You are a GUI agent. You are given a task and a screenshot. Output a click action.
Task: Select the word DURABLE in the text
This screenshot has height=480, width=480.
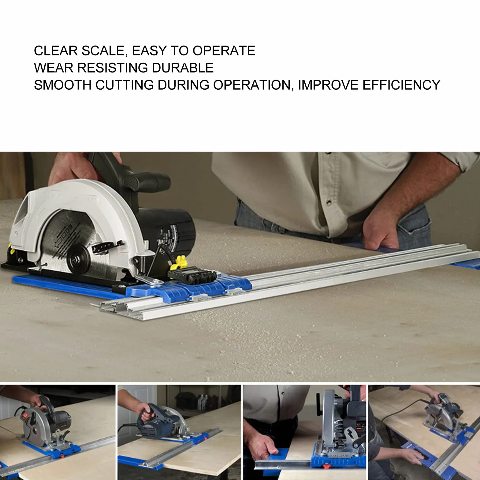(x=183, y=68)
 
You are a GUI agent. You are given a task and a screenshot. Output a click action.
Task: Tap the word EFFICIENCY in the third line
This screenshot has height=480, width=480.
(x=401, y=85)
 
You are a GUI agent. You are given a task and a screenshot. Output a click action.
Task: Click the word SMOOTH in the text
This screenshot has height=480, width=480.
(x=63, y=85)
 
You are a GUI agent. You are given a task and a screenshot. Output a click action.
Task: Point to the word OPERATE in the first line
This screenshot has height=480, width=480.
(x=224, y=50)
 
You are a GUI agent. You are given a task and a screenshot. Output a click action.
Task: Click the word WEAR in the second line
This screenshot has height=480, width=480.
(x=54, y=68)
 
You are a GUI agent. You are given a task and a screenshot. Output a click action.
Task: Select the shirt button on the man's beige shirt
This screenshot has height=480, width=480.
(x=329, y=202)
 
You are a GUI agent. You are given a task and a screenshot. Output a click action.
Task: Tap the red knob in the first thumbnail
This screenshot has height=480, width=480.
(x=62, y=456)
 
